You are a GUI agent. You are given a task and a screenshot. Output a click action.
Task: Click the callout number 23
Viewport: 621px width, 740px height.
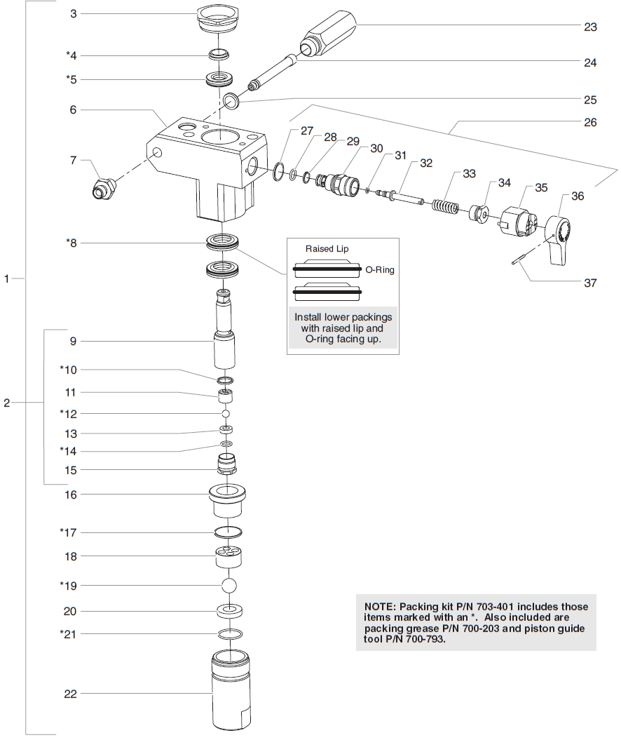[x=590, y=27]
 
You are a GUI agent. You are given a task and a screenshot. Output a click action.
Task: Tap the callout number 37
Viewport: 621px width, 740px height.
[x=590, y=283]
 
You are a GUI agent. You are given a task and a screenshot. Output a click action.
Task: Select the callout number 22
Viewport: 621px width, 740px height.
[x=69, y=694]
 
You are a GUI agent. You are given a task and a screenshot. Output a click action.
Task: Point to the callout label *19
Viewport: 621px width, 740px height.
[x=67, y=584]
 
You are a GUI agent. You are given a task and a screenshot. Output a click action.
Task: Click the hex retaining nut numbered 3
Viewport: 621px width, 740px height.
[x=219, y=18]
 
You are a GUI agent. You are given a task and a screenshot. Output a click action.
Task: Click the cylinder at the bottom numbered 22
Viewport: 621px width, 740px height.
[x=230, y=691]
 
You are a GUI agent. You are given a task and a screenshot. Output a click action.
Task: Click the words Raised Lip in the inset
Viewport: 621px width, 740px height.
[x=326, y=248]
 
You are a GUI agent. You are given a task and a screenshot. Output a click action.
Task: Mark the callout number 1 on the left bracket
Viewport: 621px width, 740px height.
[x=8, y=278]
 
